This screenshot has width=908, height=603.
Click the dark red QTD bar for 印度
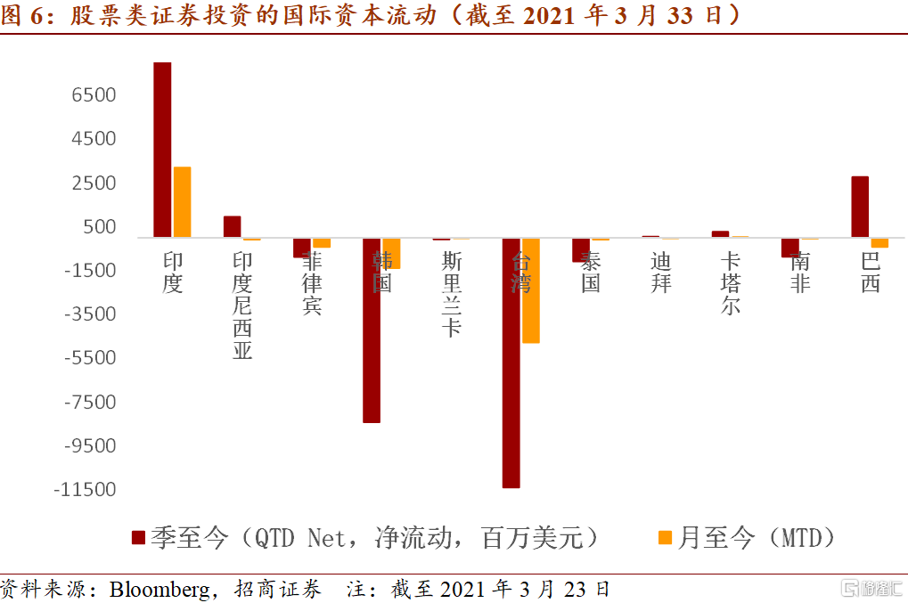[162, 150]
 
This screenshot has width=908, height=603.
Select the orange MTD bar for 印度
[182, 202]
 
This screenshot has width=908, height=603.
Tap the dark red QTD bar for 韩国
[372, 330]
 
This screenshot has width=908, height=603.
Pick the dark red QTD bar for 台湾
[511, 363]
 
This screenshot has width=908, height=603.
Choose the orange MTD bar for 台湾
[531, 290]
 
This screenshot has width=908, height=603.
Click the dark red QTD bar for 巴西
[860, 207]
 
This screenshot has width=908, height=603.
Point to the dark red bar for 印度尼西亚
[232, 226]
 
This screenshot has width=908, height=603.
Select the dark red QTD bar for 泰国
[581, 250]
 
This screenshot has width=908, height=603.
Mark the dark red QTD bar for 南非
[790, 248]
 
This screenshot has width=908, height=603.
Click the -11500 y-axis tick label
[86, 490]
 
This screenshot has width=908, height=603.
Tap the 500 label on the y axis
[101, 226]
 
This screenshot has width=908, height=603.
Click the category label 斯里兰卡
[452, 294]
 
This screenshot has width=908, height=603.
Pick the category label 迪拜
[660, 273]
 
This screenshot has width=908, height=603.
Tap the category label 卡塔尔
[731, 283]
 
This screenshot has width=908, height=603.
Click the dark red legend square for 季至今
[138, 537]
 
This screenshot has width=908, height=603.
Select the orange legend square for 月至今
[664, 537]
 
